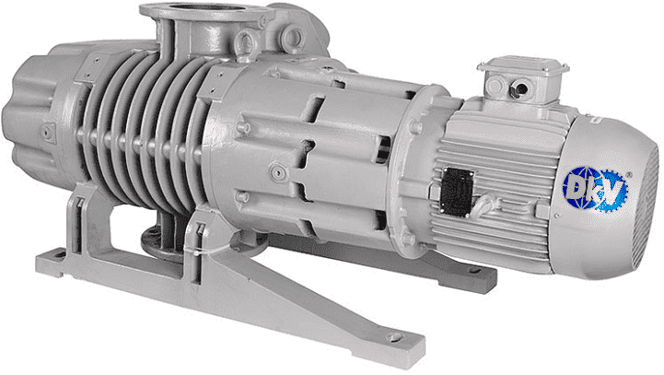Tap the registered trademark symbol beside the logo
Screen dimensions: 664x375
629,174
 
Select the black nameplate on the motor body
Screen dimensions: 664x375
457,192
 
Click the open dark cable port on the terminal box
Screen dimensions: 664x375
521,88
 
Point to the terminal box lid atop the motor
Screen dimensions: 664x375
523,66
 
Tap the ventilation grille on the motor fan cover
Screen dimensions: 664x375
646,212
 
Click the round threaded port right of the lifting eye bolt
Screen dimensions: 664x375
293,36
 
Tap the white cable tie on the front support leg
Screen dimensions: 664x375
199,251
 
